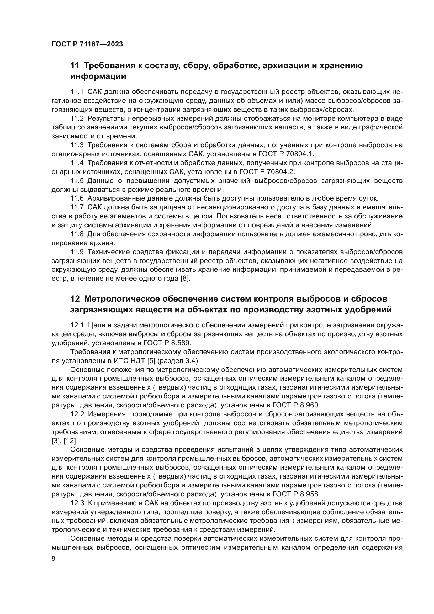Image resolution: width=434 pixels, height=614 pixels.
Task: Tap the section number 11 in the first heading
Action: click(x=75, y=66)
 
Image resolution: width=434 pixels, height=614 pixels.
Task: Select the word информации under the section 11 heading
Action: click(x=98, y=76)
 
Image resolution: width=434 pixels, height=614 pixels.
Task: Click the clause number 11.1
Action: click(x=77, y=92)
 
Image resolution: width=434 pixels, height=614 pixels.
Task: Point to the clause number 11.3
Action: click(x=77, y=145)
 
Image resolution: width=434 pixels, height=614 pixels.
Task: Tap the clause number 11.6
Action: click(x=77, y=198)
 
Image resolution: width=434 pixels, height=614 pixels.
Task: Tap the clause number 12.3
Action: click(x=77, y=503)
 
